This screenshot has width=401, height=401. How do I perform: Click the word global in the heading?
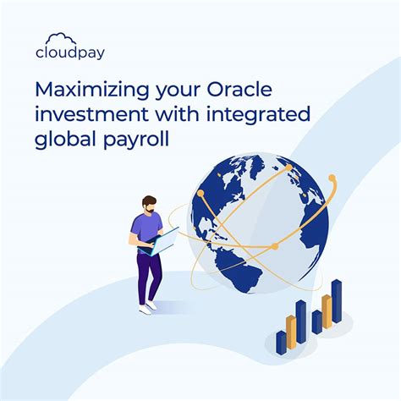coord(61,140)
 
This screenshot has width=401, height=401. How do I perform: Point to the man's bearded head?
coord(148,204)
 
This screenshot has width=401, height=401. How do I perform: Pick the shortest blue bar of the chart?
coord(281,343)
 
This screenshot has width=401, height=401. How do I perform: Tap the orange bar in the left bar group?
coord(290,331)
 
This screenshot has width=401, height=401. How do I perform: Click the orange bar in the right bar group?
coord(326,310)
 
